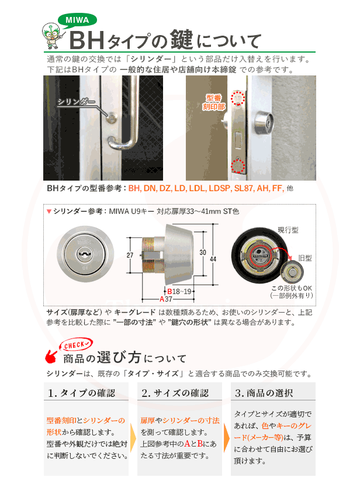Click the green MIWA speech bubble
click(x=77, y=20)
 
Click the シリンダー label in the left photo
click(x=77, y=102)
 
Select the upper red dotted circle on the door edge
click(x=237, y=98)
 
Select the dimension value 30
click(x=202, y=252)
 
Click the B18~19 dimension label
click(x=180, y=291)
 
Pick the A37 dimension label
click(x=165, y=299)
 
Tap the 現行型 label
click(x=289, y=230)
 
